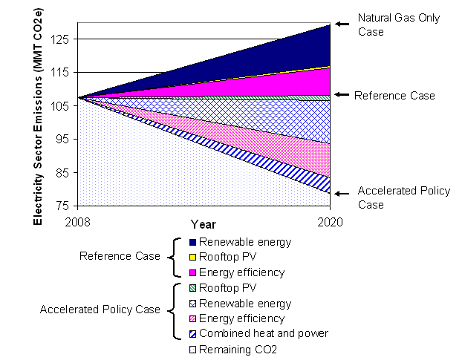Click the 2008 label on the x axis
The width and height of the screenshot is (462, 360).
point(79,221)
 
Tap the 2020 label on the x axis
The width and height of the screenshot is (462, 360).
point(329,221)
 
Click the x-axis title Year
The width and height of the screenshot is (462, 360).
point(203,223)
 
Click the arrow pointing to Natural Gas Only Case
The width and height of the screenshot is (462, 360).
point(341,24)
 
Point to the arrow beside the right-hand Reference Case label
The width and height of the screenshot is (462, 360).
point(341,95)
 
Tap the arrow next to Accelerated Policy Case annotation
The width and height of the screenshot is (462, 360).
point(341,193)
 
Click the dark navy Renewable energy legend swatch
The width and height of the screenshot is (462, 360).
point(192,242)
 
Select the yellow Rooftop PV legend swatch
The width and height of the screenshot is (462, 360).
point(192,258)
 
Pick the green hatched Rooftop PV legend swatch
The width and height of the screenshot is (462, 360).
point(192,288)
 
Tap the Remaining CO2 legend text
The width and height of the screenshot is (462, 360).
point(237,350)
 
